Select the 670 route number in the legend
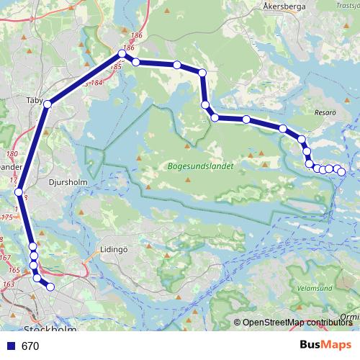pyautogui.click(x=30, y=346)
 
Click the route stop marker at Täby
pyautogui.click(x=48, y=104)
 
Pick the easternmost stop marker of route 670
pyautogui.click(x=341, y=171)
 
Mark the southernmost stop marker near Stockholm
pyautogui.click(x=50, y=287)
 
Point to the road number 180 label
pyautogui.click(x=12, y=154)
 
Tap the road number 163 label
pyautogui.click(x=8, y=285)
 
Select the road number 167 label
pyautogui.click(x=6, y=257)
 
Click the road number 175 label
pyautogui.click(x=7, y=216)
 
